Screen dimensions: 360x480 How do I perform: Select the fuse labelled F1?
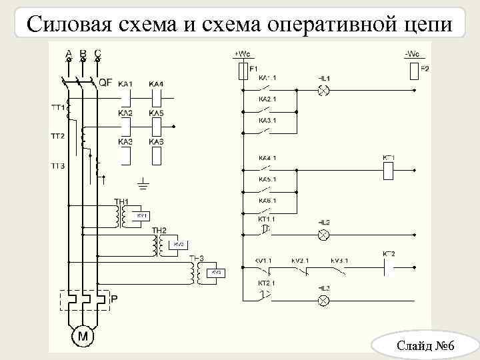pos(242,71)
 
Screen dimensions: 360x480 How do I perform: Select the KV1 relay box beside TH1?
pos(142,217)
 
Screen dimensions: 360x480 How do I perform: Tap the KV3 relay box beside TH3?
pos(216,273)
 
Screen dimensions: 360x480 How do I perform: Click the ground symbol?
pos(143,182)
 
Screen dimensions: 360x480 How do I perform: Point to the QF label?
pos(105,83)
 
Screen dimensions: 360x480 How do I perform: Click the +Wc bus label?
pos(241,54)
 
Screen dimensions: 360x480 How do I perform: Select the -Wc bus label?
pos(413,54)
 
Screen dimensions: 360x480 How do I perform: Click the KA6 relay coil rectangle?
pos(156,156)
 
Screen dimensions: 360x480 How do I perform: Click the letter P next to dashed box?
pos(114,299)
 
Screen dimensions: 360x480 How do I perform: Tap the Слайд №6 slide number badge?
pos(425,345)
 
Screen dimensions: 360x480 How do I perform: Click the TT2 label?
pos(57,136)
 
